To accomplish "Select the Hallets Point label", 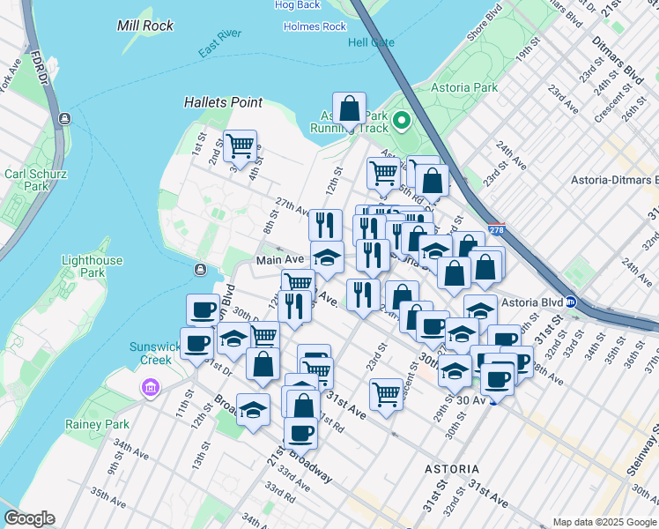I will tap(223, 102).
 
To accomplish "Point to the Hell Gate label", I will tap(371, 42).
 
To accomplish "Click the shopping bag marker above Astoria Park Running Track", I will tap(350, 110).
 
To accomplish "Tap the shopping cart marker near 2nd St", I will tap(240, 145).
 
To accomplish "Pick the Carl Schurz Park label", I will tap(25, 180).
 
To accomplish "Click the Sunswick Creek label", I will tap(154, 353).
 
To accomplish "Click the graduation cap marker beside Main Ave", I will tap(327, 257).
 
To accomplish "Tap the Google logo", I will tap(29, 518).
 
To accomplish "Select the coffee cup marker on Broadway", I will tap(300, 434).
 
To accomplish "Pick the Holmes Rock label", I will tap(315, 26).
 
